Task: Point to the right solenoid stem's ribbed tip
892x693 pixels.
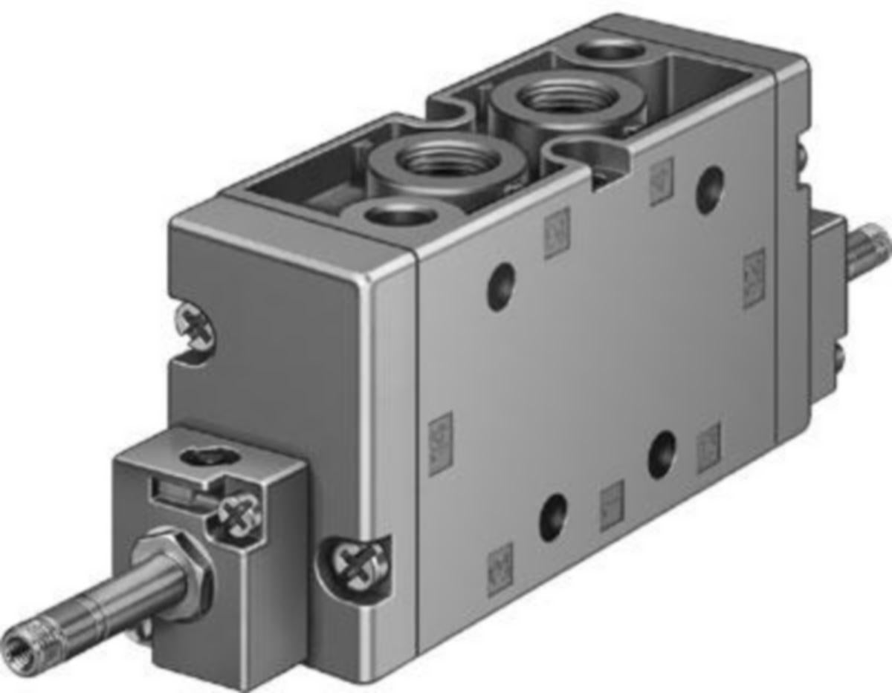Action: (875, 250)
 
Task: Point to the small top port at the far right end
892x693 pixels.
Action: (612, 51)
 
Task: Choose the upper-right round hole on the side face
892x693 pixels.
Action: (710, 189)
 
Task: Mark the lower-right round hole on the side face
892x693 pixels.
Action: (661, 455)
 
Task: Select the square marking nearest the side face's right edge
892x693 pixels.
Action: (754, 279)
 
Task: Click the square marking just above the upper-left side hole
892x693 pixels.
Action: (556, 233)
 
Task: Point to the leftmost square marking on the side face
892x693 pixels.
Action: (440, 443)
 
